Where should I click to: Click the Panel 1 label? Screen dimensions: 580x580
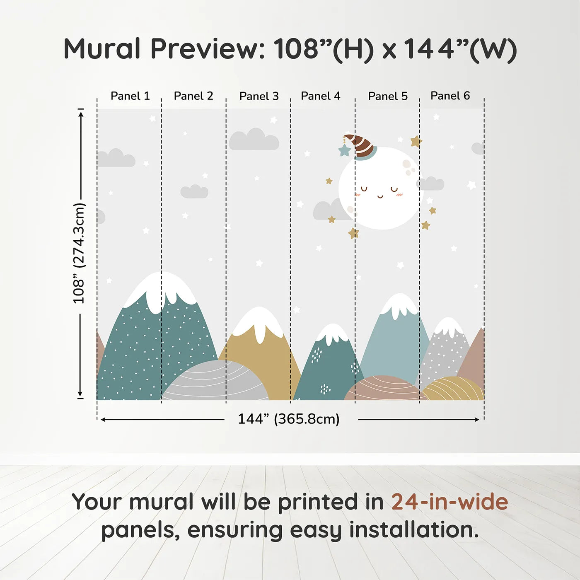130,96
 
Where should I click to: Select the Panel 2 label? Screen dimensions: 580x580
193,96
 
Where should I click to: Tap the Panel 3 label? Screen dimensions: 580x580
259,96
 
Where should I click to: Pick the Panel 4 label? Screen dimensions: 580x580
320,96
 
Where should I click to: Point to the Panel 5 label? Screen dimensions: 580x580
388,96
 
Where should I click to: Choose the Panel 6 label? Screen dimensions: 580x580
450,96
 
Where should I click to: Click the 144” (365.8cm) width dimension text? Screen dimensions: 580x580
288,419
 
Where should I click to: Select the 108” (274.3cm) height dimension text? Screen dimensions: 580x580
79,253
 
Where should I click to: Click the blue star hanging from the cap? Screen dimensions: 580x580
344,150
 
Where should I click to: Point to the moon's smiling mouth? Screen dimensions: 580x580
380,196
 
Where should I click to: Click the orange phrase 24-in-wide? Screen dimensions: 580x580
450,502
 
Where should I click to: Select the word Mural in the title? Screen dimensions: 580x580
102,49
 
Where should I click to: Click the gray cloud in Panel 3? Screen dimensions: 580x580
254,140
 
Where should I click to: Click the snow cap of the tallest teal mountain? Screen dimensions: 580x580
161,290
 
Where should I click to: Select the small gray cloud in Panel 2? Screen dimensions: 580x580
194,191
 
